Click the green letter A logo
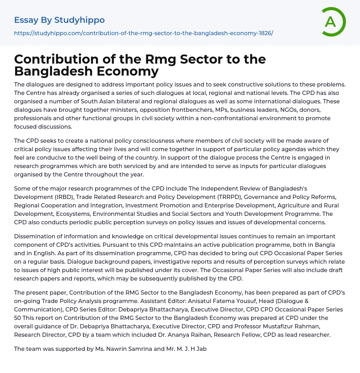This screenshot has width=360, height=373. click(x=333, y=22)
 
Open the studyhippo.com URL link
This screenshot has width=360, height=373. click(x=143, y=33)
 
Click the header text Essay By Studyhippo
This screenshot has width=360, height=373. click(x=59, y=20)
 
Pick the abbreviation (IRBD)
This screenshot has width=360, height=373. click(x=64, y=197)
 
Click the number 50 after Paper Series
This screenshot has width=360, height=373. click(x=18, y=318)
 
